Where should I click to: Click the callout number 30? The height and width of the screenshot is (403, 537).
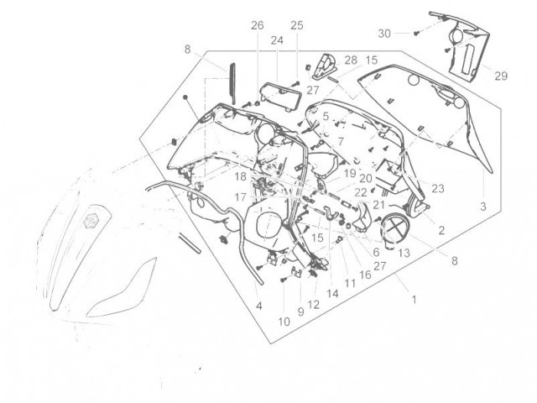pos(384,34)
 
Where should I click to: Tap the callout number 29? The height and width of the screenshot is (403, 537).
pos(501,76)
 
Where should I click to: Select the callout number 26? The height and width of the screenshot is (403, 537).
pos(258,25)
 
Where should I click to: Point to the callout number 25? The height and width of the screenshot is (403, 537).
pos(297,25)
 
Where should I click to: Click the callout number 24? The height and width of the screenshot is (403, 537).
pos(277,40)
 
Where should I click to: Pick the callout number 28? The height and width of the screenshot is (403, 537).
pos(351,60)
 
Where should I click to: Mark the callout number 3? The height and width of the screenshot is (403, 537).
pos(483,207)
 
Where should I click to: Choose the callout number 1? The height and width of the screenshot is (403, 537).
pos(414,300)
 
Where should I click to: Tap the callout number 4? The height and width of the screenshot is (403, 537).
pos(259,306)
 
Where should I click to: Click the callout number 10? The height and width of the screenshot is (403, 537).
pos(284,322)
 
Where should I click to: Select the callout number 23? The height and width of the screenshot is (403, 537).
pos(438,188)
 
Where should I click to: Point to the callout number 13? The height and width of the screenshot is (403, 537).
pos(404,253)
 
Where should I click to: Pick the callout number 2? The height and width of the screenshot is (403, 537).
pos(441,230)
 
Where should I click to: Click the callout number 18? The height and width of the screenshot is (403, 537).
pos(241,177)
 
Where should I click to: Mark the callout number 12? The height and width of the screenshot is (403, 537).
pos(313,305)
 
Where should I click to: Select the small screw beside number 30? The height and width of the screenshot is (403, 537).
pos(416,34)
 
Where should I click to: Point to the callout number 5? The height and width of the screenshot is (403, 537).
pos(326,117)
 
